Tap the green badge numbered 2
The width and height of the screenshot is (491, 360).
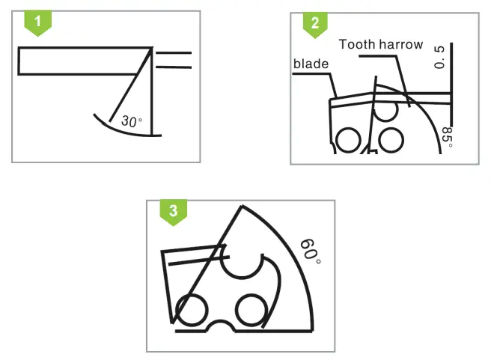(314, 22)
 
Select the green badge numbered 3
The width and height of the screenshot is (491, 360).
(174, 210)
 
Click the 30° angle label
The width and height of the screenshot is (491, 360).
(131, 121)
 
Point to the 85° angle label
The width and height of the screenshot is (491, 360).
(448, 137)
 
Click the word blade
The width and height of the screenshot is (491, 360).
(311, 64)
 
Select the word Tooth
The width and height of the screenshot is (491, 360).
(357, 45)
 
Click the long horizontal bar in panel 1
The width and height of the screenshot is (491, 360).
(82, 61)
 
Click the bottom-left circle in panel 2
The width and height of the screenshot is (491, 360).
(347, 140)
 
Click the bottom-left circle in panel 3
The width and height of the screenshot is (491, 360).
(192, 310)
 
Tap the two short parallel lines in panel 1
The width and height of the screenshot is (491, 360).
(173, 60)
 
